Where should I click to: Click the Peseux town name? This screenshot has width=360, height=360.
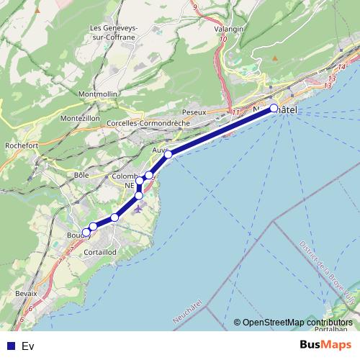pyautogui.click(x=194, y=112)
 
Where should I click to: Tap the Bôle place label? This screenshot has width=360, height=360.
pyautogui.click(x=81, y=175)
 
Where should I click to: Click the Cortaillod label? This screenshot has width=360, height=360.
pyautogui.click(x=100, y=253)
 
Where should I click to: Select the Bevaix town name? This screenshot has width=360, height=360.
pyautogui.click(x=26, y=294)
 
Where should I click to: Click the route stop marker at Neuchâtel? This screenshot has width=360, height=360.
pyautogui.click(x=274, y=109)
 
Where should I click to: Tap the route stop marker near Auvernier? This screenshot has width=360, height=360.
pyautogui.click(x=168, y=154)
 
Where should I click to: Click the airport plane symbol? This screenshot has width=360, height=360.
pyautogui.click(x=138, y=209)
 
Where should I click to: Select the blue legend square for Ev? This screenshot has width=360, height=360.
pyautogui.click(x=10, y=346)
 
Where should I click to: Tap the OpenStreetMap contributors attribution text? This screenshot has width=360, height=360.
pyautogui.click(x=297, y=323)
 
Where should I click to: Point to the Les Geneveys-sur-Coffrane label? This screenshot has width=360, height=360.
pyautogui.click(x=115, y=32)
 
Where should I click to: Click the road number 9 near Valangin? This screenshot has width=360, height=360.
pyautogui.click(x=194, y=6)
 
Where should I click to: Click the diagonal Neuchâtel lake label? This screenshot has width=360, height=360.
pyautogui.click(x=189, y=308)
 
